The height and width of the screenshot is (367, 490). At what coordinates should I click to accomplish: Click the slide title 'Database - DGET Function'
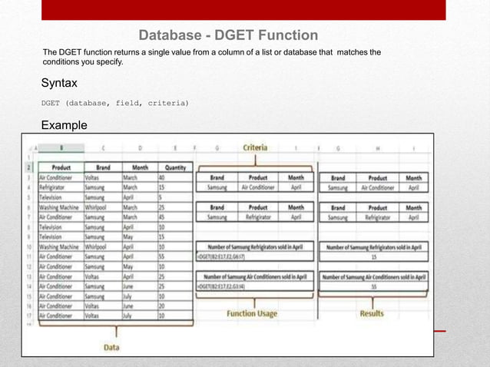[x=228, y=35]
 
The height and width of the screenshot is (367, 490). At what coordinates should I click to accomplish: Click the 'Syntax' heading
[x=59, y=81]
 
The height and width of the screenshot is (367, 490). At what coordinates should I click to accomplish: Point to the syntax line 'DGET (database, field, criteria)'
[x=114, y=103]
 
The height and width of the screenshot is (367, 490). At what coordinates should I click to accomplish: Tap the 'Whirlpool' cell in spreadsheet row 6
[x=98, y=207]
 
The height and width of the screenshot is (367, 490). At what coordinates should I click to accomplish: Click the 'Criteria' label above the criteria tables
[x=255, y=147]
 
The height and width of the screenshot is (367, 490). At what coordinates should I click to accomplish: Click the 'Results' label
[x=372, y=313]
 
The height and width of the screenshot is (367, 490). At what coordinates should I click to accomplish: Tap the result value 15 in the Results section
[x=372, y=257]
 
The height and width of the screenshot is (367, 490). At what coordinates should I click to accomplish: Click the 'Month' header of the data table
[x=140, y=166]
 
